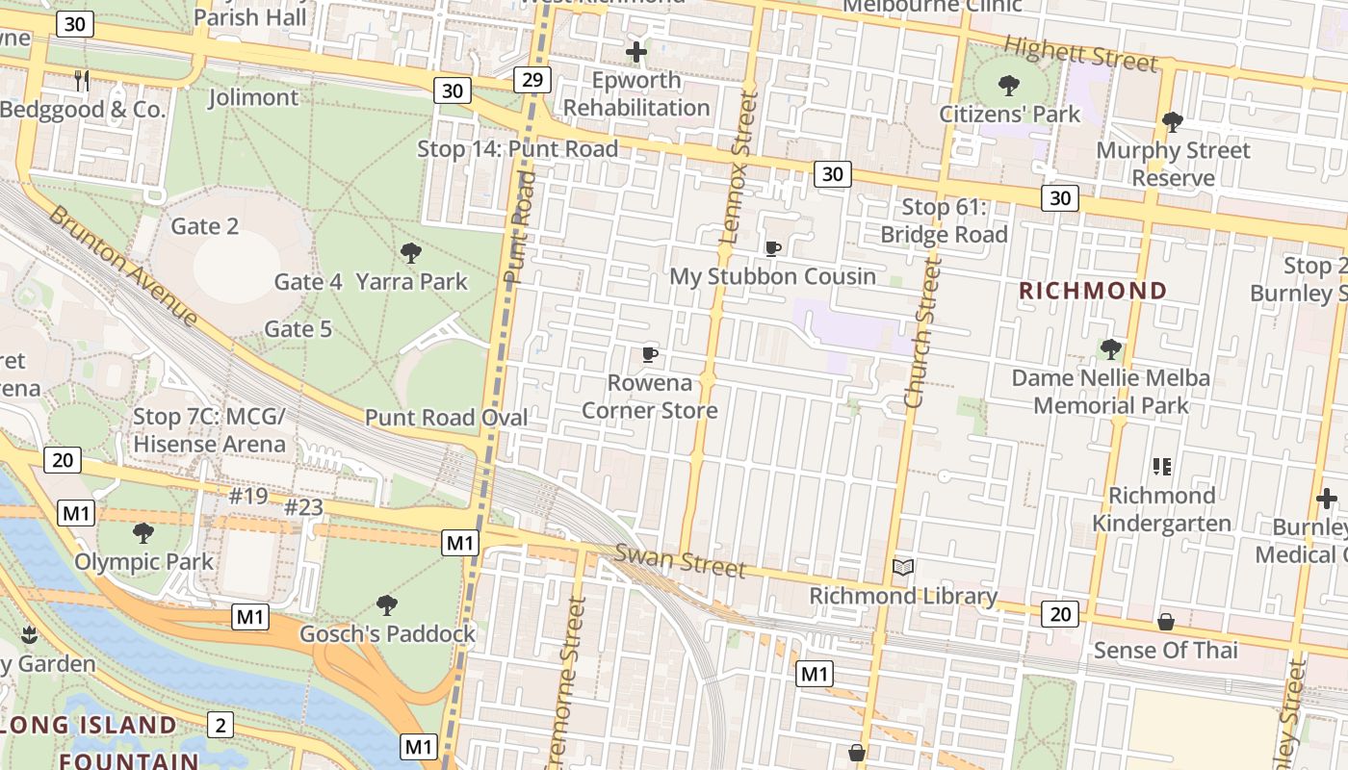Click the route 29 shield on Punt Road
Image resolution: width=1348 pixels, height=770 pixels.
click(x=531, y=79)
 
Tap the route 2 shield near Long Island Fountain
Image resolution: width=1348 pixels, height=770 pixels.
click(x=220, y=725)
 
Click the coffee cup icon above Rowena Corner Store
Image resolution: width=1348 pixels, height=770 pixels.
click(x=650, y=354)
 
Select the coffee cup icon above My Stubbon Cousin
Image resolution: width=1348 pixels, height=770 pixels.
click(x=772, y=248)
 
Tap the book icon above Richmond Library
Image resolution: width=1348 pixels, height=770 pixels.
click(x=902, y=568)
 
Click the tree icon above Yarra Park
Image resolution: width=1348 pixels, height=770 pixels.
click(x=411, y=253)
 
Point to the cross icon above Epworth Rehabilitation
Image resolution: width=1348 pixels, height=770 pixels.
click(x=635, y=51)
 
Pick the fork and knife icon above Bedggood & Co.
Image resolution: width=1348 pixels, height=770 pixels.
click(x=82, y=81)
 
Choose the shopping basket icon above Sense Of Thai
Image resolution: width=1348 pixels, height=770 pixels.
click(x=1165, y=622)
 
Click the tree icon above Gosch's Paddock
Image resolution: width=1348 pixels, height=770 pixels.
click(x=387, y=605)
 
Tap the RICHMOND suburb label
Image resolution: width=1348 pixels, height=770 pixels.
click(x=1093, y=291)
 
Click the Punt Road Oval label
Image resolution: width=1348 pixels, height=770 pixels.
click(x=446, y=418)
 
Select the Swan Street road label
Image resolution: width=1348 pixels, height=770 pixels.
click(x=680, y=560)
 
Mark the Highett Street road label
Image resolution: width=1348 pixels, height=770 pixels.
click(x=1080, y=54)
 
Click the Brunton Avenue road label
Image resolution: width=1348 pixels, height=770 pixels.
click(x=123, y=265)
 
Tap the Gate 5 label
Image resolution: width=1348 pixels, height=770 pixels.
click(x=298, y=329)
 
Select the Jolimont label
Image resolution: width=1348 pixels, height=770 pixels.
click(x=253, y=97)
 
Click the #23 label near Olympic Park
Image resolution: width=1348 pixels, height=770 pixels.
click(x=304, y=505)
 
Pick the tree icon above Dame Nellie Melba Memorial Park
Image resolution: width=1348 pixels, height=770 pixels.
click(x=1110, y=348)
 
